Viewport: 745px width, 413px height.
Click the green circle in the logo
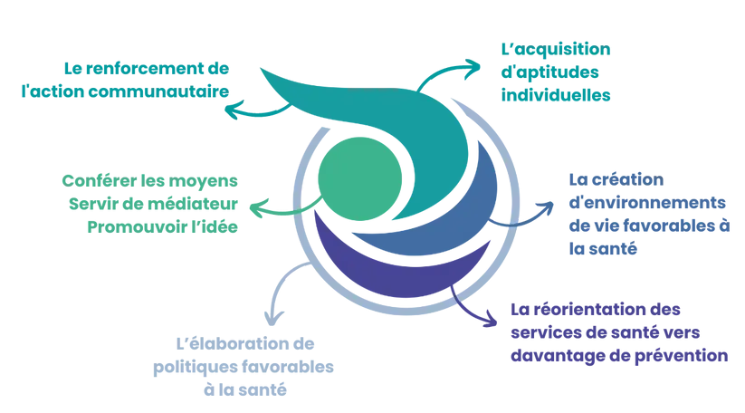coord(359,178)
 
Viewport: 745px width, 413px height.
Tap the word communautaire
coord(159,91)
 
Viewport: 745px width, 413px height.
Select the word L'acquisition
coord(556,49)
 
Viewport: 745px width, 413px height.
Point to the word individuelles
coord(556,95)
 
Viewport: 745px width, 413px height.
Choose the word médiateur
coord(193,204)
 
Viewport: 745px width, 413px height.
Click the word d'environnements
coord(647,203)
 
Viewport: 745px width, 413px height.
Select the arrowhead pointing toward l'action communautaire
coord(233,110)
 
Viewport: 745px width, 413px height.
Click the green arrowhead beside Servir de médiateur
coord(257,208)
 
